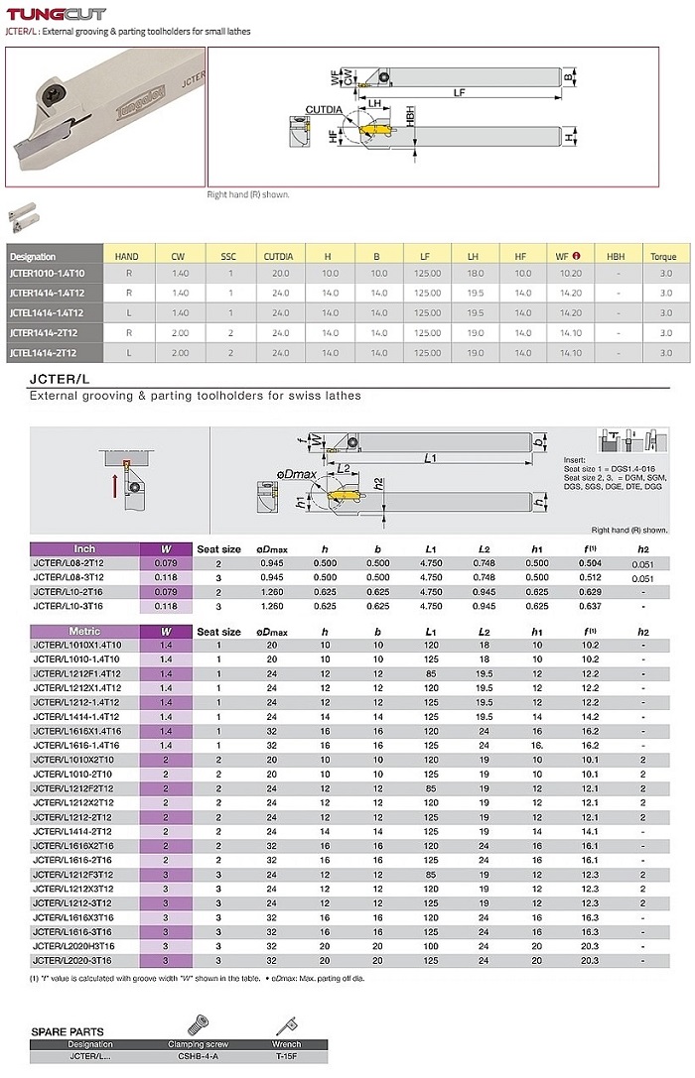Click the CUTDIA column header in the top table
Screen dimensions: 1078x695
coord(279,256)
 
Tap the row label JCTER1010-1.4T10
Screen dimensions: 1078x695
coord(47,273)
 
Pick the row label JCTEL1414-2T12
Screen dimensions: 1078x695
coord(46,352)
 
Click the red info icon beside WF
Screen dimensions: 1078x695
coord(577,256)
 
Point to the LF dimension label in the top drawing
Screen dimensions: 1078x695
coord(459,92)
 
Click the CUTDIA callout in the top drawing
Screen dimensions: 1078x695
coord(324,109)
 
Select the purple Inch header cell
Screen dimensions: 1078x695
coord(84,548)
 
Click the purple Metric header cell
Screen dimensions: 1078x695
coord(84,631)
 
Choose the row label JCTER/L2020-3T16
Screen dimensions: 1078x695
coord(74,960)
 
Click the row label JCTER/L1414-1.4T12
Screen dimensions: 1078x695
coord(76,716)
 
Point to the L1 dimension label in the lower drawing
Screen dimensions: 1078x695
coord(430,457)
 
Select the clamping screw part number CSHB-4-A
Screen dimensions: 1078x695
coord(199,1057)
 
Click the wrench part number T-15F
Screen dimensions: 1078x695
coord(286,1057)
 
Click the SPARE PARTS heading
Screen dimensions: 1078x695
coord(68,1031)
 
